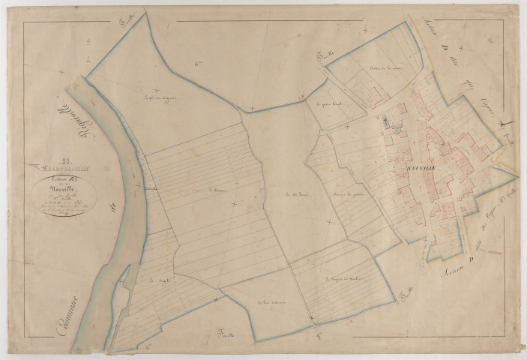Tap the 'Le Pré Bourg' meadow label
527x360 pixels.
[x=282, y=196]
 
